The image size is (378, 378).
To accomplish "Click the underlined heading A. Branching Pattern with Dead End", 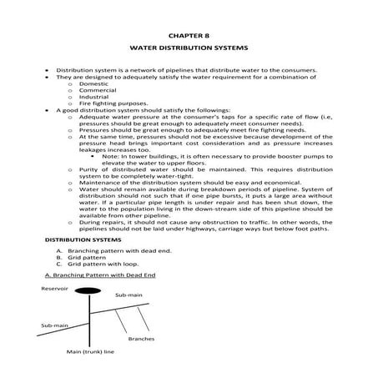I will click(98, 275).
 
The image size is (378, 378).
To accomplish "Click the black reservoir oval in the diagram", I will click(88, 290).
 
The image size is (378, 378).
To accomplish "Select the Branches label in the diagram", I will click(139, 339).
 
